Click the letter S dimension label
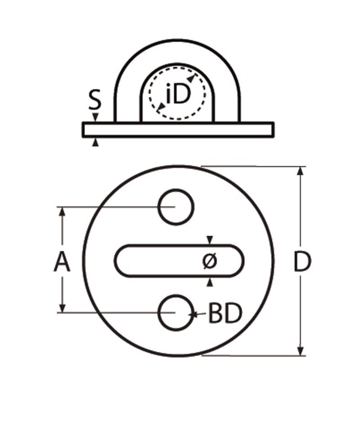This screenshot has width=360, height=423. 94,101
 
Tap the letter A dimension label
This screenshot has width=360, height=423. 62,262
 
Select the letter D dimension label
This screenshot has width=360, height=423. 302,263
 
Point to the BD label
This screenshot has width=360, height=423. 225,314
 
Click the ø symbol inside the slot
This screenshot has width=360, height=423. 210,261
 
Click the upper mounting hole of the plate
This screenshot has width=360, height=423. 175,207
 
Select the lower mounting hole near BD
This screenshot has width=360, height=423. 175,312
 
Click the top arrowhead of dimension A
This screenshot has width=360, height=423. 62,211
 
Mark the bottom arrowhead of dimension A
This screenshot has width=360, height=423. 62,309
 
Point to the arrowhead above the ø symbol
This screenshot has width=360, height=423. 209,240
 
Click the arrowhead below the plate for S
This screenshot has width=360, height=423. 94,142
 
